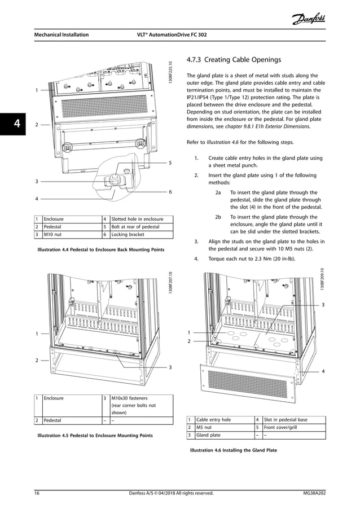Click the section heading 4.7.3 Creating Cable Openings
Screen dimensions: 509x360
pos(233,60)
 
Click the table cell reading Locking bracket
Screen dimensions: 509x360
pos(128,234)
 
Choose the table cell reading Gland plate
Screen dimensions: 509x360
pos(208,435)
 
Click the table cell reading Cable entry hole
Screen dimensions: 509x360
pos(213,420)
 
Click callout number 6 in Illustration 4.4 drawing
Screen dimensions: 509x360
pos(170,192)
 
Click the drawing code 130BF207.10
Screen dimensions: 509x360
pos(169,282)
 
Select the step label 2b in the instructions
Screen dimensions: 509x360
pos(218,217)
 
